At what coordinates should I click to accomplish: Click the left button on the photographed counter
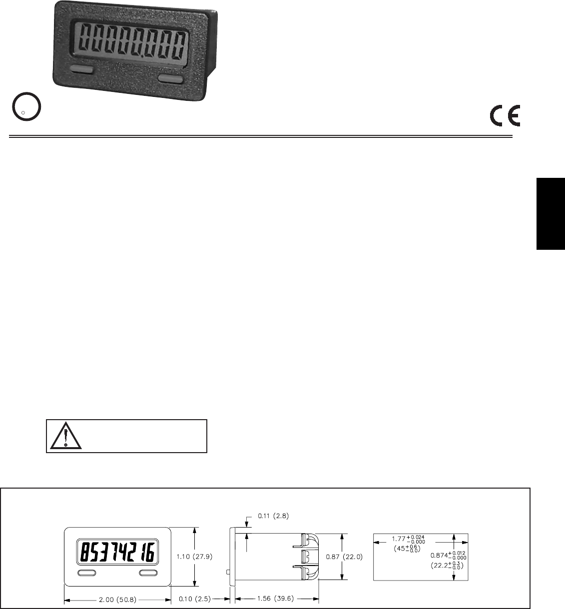82,69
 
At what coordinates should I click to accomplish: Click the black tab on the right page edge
551,213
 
